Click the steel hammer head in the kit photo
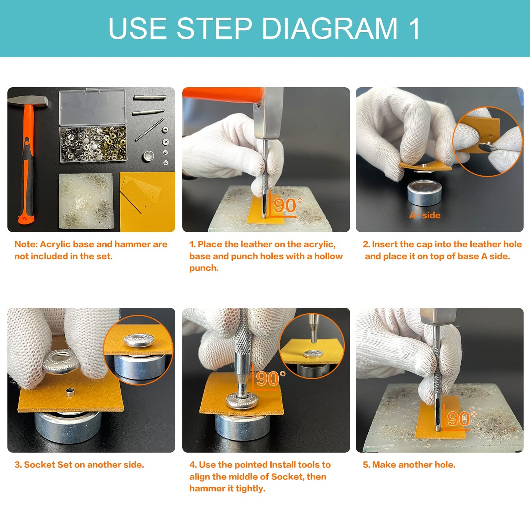(x=28, y=101)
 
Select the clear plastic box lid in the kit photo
(x=93, y=107)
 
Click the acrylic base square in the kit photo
(x=86, y=201)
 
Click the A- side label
(x=425, y=215)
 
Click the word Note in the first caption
(x=26, y=244)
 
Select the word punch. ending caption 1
(x=204, y=268)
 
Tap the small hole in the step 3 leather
(x=70, y=392)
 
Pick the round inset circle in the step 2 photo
(x=487, y=141)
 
